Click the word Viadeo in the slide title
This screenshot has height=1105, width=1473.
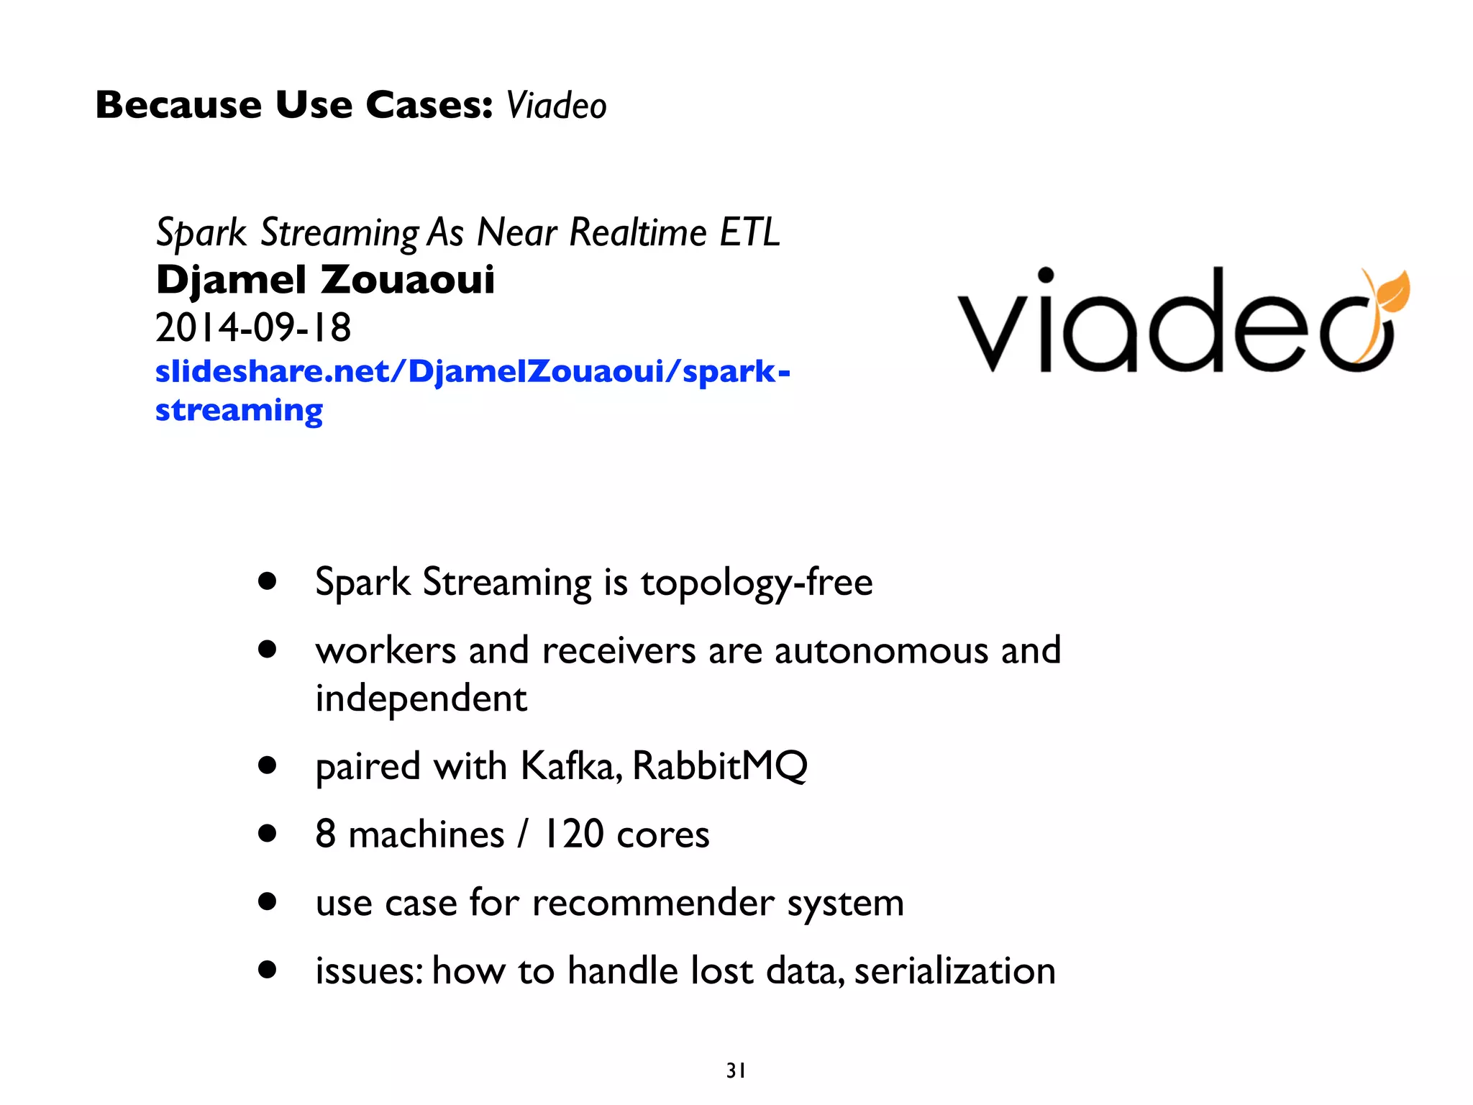click(x=556, y=106)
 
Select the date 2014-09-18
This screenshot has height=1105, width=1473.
click(x=253, y=328)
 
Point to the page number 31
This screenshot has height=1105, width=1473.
click(x=736, y=1071)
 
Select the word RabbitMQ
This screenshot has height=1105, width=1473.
click(x=720, y=765)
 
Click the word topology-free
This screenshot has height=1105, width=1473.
click(x=757, y=582)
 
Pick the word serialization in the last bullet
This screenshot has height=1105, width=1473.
click(x=954, y=970)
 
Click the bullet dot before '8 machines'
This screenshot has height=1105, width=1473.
click(x=268, y=834)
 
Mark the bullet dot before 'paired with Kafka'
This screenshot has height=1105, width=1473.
click(x=268, y=765)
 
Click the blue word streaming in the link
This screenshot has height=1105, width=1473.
click(x=239, y=411)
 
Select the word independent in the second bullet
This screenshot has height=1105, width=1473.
click(x=421, y=699)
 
